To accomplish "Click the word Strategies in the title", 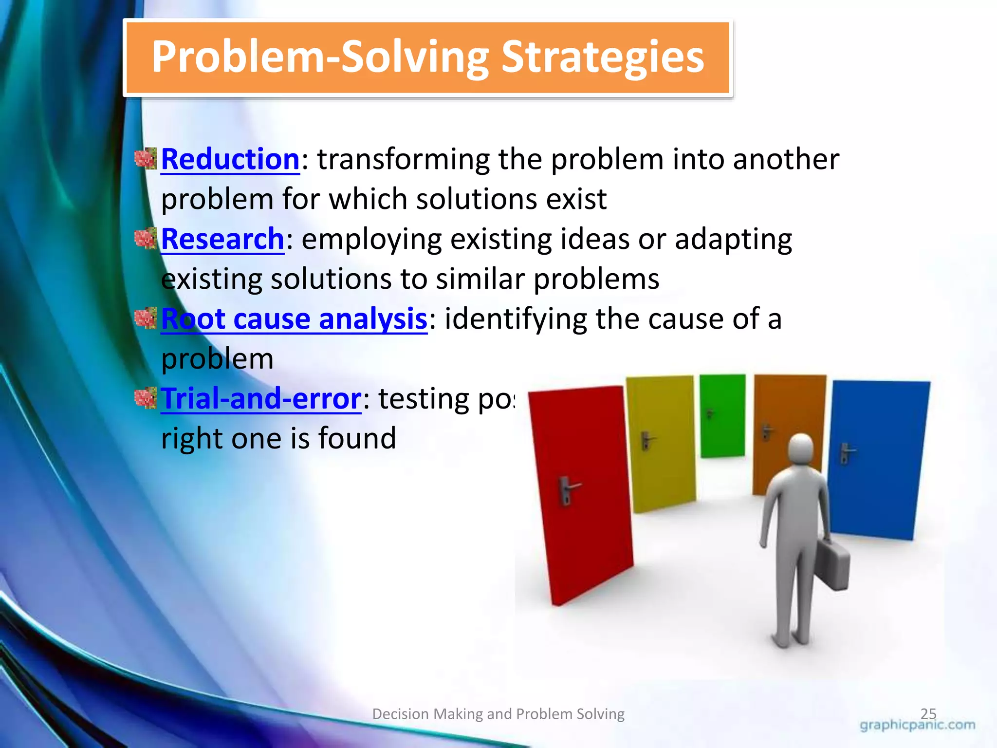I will click(602, 57).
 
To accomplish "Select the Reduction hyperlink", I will click(230, 159).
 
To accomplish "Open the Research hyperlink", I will click(222, 239).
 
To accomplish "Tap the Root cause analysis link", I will click(294, 319).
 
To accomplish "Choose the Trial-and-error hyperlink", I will click(260, 399).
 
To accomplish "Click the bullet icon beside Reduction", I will click(145, 159).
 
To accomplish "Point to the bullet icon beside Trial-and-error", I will click(145, 398).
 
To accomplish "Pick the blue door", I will click(876, 458).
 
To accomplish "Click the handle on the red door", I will click(568, 489).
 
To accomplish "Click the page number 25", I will click(928, 713).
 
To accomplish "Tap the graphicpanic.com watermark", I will click(917, 725).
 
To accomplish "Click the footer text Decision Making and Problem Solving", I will click(498, 714).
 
